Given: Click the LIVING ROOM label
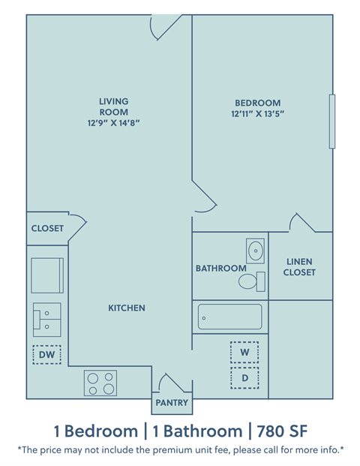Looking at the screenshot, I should coord(114,107).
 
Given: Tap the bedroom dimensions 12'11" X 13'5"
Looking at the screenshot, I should coord(257,114).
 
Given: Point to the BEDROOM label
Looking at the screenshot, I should coord(257,103).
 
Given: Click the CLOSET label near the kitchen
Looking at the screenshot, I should coord(47,228).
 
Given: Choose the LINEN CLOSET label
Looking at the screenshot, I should coord(298,267).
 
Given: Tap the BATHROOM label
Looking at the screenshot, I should coord(220,268).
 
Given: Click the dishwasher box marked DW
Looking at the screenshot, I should coord(47,354).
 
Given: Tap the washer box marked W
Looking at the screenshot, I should coord(244,352).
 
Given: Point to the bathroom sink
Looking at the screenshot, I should coord(255,251).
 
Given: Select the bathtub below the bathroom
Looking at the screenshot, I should coord(229,317).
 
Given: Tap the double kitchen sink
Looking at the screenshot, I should coord(46,319).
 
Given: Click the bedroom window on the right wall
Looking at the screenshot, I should coord(331,122).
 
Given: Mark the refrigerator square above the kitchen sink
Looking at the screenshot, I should coord(47,274).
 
